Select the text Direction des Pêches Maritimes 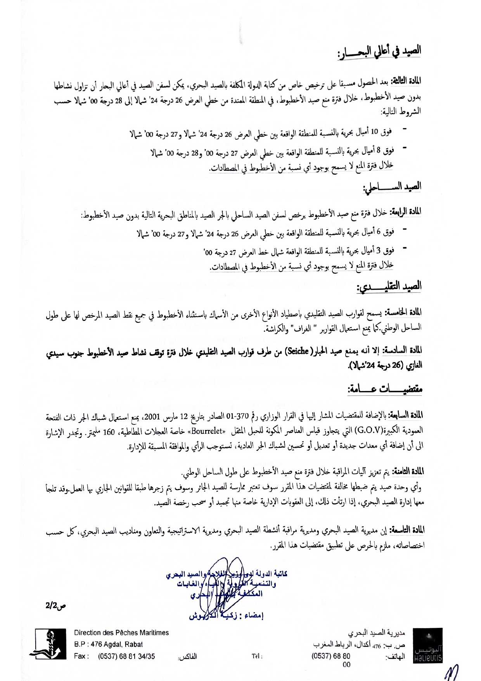121,633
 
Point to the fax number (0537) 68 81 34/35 126,656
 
